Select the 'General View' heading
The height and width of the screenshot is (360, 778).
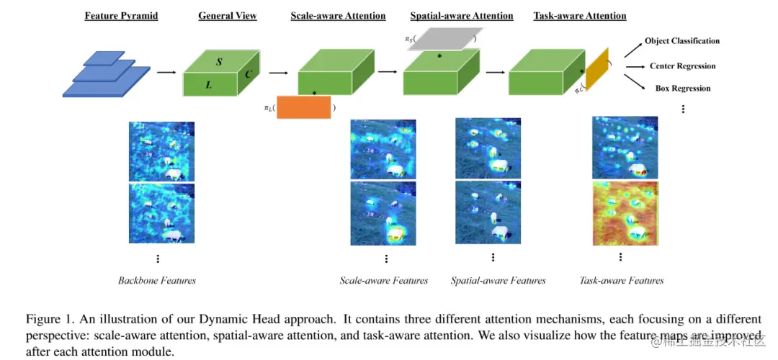click(227, 16)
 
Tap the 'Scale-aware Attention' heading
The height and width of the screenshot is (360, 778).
click(338, 16)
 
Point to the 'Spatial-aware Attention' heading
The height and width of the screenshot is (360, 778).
click(462, 16)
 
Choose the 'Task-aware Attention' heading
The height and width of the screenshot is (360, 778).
click(580, 16)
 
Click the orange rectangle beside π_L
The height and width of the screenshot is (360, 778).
click(303, 107)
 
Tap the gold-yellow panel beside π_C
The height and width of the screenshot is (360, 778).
click(597, 72)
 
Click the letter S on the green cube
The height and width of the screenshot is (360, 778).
click(219, 63)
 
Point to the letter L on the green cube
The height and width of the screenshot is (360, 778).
click(209, 85)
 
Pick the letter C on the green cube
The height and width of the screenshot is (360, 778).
click(247, 74)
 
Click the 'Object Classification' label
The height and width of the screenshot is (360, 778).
click(681, 41)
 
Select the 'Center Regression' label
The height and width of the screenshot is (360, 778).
click(682, 66)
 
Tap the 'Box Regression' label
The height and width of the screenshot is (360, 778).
click(682, 89)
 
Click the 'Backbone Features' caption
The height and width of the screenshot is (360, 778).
click(157, 280)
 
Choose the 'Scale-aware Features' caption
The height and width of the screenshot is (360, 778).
click(384, 280)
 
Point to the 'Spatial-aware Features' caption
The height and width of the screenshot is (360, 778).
click(498, 280)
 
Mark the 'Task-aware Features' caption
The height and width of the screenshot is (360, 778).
click(622, 280)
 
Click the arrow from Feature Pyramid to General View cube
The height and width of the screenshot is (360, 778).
click(166, 73)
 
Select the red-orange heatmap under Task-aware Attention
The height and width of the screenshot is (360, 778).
click(625, 212)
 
